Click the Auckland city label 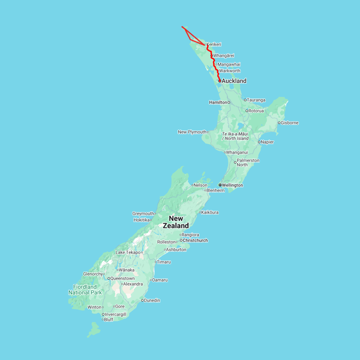pos(234,81)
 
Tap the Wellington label pos(232,185)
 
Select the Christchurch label pos(195,240)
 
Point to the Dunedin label pos(152,300)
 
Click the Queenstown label pos(122,278)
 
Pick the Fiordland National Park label pos(85,290)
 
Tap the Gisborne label pos(290,123)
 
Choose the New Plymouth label pos(192,132)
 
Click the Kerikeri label pos(214,44)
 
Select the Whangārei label pos(224,56)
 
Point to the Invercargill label pos(116,314)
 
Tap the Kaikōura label pos(210,212)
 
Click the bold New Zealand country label pos(176,222)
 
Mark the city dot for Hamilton pos(229,102)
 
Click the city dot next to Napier pos(259,142)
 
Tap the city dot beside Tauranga pos(245,100)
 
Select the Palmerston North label pos(248,162)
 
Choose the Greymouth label pos(143,214)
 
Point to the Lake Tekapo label pos(128,252)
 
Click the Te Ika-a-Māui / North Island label pos(235,136)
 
